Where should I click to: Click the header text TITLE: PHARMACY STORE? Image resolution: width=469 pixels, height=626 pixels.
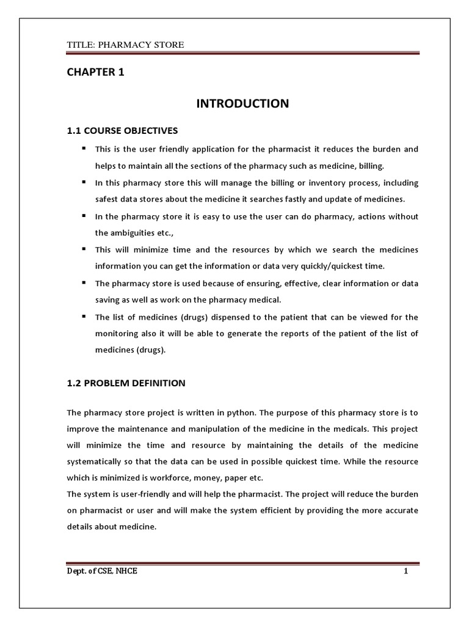point(125,45)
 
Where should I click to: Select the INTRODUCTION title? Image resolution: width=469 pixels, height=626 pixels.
point(242,104)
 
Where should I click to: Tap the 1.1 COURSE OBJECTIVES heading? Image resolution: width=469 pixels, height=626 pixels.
point(122,131)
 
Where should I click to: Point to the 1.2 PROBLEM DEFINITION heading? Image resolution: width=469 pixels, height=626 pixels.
point(125,383)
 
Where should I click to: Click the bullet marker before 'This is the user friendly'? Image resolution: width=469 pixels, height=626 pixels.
point(82,149)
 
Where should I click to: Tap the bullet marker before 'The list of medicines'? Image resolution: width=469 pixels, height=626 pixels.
point(82,317)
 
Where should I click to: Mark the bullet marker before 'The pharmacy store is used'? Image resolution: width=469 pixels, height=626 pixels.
point(82,284)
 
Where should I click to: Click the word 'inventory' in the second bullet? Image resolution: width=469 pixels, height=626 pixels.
point(297,183)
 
